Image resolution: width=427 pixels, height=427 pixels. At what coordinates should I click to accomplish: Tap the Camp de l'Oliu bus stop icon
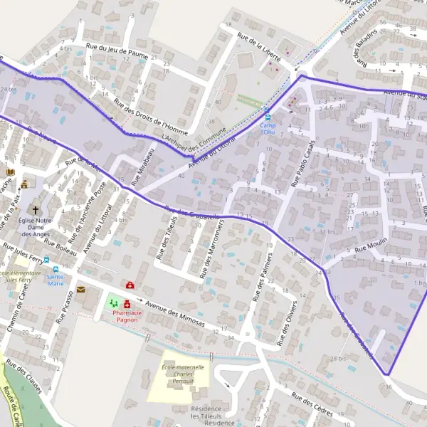[268, 117]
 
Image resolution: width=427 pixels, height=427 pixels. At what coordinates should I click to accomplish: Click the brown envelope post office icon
[80, 290]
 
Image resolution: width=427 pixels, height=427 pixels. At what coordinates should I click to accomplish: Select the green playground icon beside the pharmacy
[112, 304]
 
